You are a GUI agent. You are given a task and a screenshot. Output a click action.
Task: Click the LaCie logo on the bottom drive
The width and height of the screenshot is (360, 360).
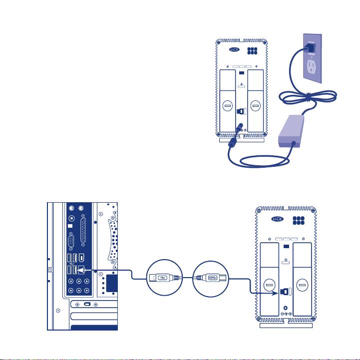279,219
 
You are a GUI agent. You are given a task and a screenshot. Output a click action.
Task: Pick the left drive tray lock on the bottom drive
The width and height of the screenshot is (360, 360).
268,285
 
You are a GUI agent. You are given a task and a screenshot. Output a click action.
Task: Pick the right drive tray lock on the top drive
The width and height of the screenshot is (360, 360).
257,106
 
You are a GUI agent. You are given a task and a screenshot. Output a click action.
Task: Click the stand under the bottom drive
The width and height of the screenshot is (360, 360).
286,325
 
